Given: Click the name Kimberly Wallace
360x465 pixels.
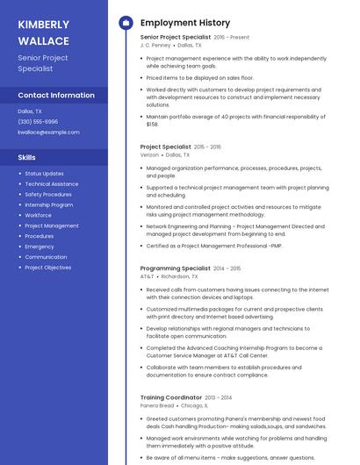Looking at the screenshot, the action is [x=43, y=32].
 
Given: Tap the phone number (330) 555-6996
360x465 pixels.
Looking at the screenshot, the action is [x=38, y=122].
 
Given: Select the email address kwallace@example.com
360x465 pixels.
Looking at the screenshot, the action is [x=48, y=132].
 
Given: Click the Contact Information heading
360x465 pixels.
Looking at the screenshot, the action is [x=56, y=95].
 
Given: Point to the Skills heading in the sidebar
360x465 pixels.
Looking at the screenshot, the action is [x=27, y=157].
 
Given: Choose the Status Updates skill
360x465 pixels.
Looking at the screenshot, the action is [x=44, y=174].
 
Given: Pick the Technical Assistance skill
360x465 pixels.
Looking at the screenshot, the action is [x=51, y=184].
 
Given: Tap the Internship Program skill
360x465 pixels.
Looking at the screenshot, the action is [x=49, y=204].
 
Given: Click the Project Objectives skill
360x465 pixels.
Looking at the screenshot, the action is [x=48, y=268].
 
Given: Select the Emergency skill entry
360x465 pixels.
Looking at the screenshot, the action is [x=40, y=247].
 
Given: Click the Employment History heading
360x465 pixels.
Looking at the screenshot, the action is [x=185, y=23].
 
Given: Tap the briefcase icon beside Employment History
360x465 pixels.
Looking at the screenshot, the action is [x=126, y=23].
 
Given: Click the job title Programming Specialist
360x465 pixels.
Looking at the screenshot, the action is [x=175, y=268].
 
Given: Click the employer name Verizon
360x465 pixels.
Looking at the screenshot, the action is [x=149, y=154].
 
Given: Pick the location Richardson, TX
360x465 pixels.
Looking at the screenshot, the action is [x=179, y=276].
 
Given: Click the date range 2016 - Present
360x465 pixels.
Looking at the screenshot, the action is [x=231, y=38].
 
